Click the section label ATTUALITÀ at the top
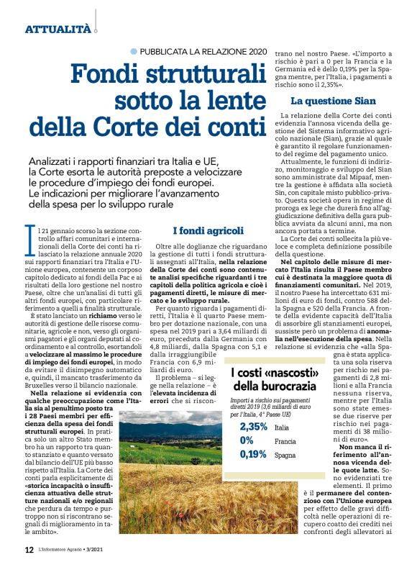(58, 29)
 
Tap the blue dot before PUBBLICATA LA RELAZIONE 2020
(134, 51)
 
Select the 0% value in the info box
(247, 440)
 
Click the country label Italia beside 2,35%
(282, 427)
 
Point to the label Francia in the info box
(285, 441)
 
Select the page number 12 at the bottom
(29, 549)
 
